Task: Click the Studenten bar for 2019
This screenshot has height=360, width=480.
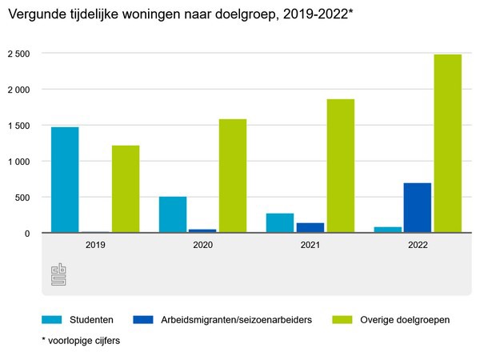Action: click(65, 180)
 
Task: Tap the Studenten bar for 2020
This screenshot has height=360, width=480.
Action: click(173, 214)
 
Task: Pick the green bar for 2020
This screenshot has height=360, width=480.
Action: click(233, 176)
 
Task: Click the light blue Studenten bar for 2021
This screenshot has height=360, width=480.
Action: click(280, 223)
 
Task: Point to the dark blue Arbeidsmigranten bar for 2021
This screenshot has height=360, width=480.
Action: click(310, 228)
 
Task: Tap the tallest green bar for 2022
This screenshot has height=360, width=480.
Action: click(448, 144)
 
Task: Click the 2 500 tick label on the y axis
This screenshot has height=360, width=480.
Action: click(18, 54)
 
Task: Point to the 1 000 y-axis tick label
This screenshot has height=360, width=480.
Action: click(18, 162)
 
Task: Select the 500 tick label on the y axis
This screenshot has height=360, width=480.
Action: click(23, 198)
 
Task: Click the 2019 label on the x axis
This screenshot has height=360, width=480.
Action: click(95, 246)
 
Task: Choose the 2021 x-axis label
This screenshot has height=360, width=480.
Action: click(310, 246)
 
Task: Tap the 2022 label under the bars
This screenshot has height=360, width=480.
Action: click(418, 246)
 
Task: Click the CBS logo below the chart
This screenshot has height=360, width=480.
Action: click(59, 274)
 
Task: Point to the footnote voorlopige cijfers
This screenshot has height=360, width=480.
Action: click(80, 340)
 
